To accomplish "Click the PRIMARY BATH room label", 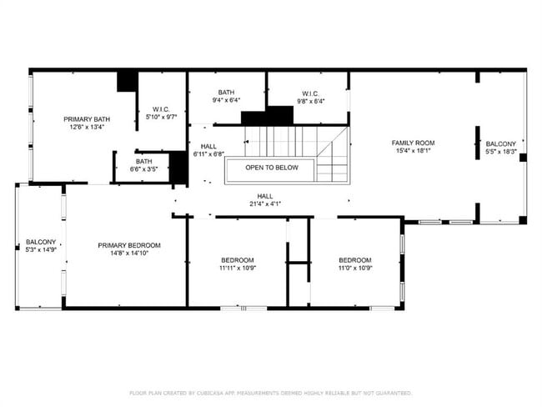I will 88,119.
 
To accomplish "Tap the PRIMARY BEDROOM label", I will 129,245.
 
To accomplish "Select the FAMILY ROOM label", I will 414,143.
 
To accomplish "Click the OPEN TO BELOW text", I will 271,168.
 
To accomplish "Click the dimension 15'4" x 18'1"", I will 414,151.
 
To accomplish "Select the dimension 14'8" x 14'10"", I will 129,254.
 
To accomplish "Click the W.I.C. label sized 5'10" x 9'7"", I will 161,109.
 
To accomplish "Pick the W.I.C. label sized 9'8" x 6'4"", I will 310,93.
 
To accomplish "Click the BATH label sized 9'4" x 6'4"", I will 226,93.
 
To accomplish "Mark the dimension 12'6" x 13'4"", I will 88,128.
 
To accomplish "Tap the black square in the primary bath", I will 127,81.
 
